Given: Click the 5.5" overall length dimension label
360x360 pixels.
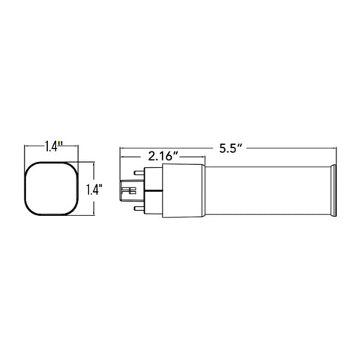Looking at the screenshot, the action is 231,148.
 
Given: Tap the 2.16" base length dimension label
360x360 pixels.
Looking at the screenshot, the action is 163,157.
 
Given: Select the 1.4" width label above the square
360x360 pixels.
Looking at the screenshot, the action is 52,146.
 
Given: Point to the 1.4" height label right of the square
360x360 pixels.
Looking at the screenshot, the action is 94,190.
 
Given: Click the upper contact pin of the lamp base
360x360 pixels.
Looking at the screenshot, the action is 139,172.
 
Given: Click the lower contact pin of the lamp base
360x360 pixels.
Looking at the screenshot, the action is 139,208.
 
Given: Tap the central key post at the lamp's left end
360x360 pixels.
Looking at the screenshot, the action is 128,190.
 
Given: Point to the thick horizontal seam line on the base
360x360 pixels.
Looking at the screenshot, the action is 153,190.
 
